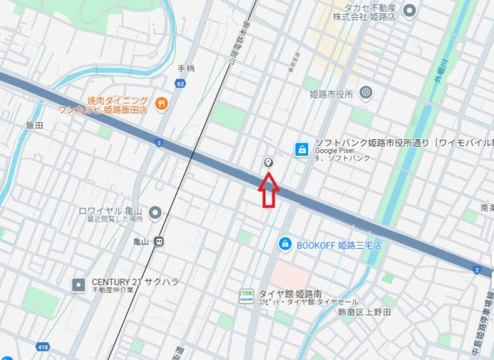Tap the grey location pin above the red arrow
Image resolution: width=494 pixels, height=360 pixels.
pos(268,162)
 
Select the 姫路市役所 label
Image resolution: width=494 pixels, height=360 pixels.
pos(331,93)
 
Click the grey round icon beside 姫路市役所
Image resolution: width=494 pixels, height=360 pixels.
pos(366,93)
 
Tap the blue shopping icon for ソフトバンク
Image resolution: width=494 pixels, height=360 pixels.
pos(303,148)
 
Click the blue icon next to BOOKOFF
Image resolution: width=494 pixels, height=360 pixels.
pos(285,244)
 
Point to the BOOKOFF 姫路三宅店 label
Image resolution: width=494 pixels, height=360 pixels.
pos(340,244)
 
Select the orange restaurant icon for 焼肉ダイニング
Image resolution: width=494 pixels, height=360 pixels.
pos(161,104)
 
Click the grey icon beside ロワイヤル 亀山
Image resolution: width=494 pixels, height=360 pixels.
pos(155,212)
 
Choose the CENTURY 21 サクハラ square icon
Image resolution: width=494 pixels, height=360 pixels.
pos(78,285)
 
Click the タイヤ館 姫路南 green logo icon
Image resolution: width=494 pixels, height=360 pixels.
pos(246,297)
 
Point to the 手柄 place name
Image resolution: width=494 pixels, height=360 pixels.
pos(186,68)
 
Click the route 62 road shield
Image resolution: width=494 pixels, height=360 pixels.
pos(180,83)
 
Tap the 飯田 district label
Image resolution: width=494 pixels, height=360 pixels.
pos(34,124)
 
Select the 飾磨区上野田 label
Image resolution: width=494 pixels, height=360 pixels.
pos(364,312)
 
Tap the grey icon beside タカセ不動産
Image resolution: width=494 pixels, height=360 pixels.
pos(410,10)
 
